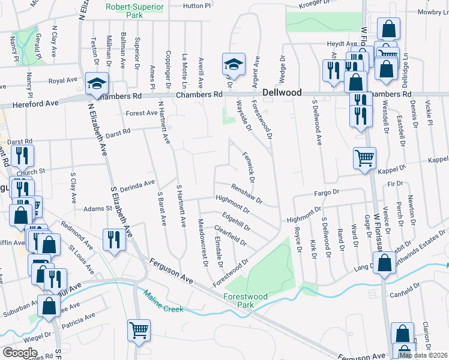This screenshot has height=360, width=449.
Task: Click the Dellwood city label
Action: tap(282, 93)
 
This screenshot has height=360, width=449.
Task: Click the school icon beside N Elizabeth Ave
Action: tap(96, 85)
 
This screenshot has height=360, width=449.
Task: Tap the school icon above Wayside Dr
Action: tap(234, 64)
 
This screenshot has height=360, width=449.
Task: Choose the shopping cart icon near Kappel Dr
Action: tap(364, 159)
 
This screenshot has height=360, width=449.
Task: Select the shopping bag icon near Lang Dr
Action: tap(384, 263)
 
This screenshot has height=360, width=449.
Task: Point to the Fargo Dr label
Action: tap(328, 193)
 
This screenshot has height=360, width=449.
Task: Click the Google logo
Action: tap(20, 353)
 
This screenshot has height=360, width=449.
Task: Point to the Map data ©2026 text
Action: tap(423, 355)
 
